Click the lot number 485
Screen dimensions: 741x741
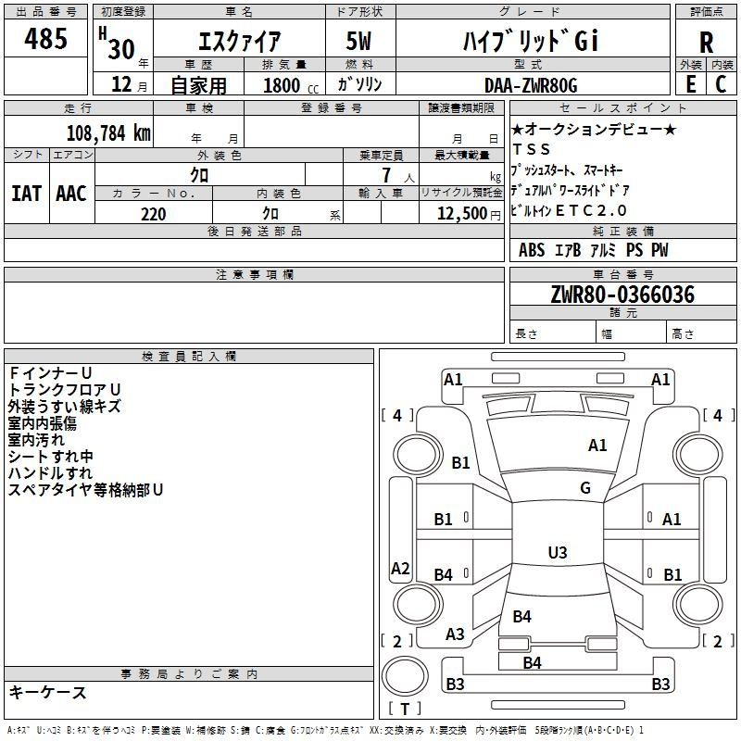coord(45,38)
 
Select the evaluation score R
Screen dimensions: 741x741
coord(706,43)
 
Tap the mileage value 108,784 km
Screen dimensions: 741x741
coord(108,133)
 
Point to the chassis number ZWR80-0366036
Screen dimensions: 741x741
coord(622,295)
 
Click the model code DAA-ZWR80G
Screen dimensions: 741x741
coord(531,85)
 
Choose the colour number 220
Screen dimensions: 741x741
coord(154,214)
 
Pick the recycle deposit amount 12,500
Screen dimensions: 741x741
coord(461,214)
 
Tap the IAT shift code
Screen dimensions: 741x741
coord(27,194)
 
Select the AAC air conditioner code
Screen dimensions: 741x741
coord(71,194)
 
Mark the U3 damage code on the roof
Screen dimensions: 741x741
coord(558,552)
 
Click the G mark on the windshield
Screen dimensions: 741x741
coord(585,488)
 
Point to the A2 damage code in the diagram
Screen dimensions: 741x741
coord(400,568)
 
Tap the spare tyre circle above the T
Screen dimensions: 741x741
coord(405,676)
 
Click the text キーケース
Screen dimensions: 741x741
coord(47,692)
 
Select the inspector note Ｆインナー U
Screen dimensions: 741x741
coord(50,373)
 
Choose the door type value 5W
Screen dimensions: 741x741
coord(358,41)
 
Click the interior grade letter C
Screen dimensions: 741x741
coord(721,84)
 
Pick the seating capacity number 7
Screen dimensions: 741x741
coord(386,175)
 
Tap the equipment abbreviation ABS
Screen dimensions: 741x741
coord(532,250)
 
